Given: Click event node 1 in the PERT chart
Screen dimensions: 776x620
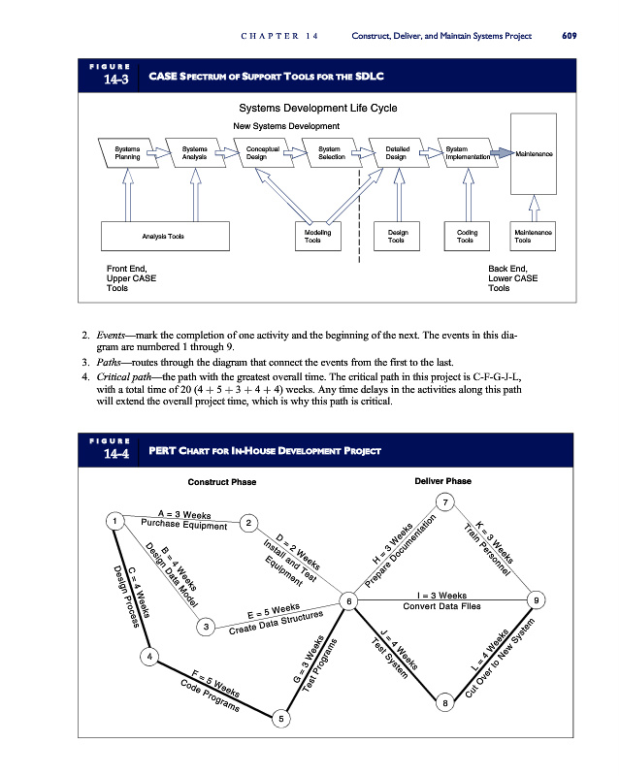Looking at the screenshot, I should pos(115,522).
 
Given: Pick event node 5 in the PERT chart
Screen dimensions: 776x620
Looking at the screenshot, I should pos(280,719).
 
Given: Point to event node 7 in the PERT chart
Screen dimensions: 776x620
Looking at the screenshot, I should pos(445,502).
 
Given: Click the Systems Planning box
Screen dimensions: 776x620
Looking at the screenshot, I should pos(126,152).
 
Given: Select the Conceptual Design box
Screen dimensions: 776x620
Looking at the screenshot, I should pos(262,152).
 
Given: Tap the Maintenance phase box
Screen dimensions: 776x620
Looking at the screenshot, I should pos(534,153).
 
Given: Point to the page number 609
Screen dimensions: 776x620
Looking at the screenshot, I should pos(570,36).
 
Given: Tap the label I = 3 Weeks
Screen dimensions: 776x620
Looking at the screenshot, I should pos(441,596).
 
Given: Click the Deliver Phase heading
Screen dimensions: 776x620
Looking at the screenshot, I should pos(442,481).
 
